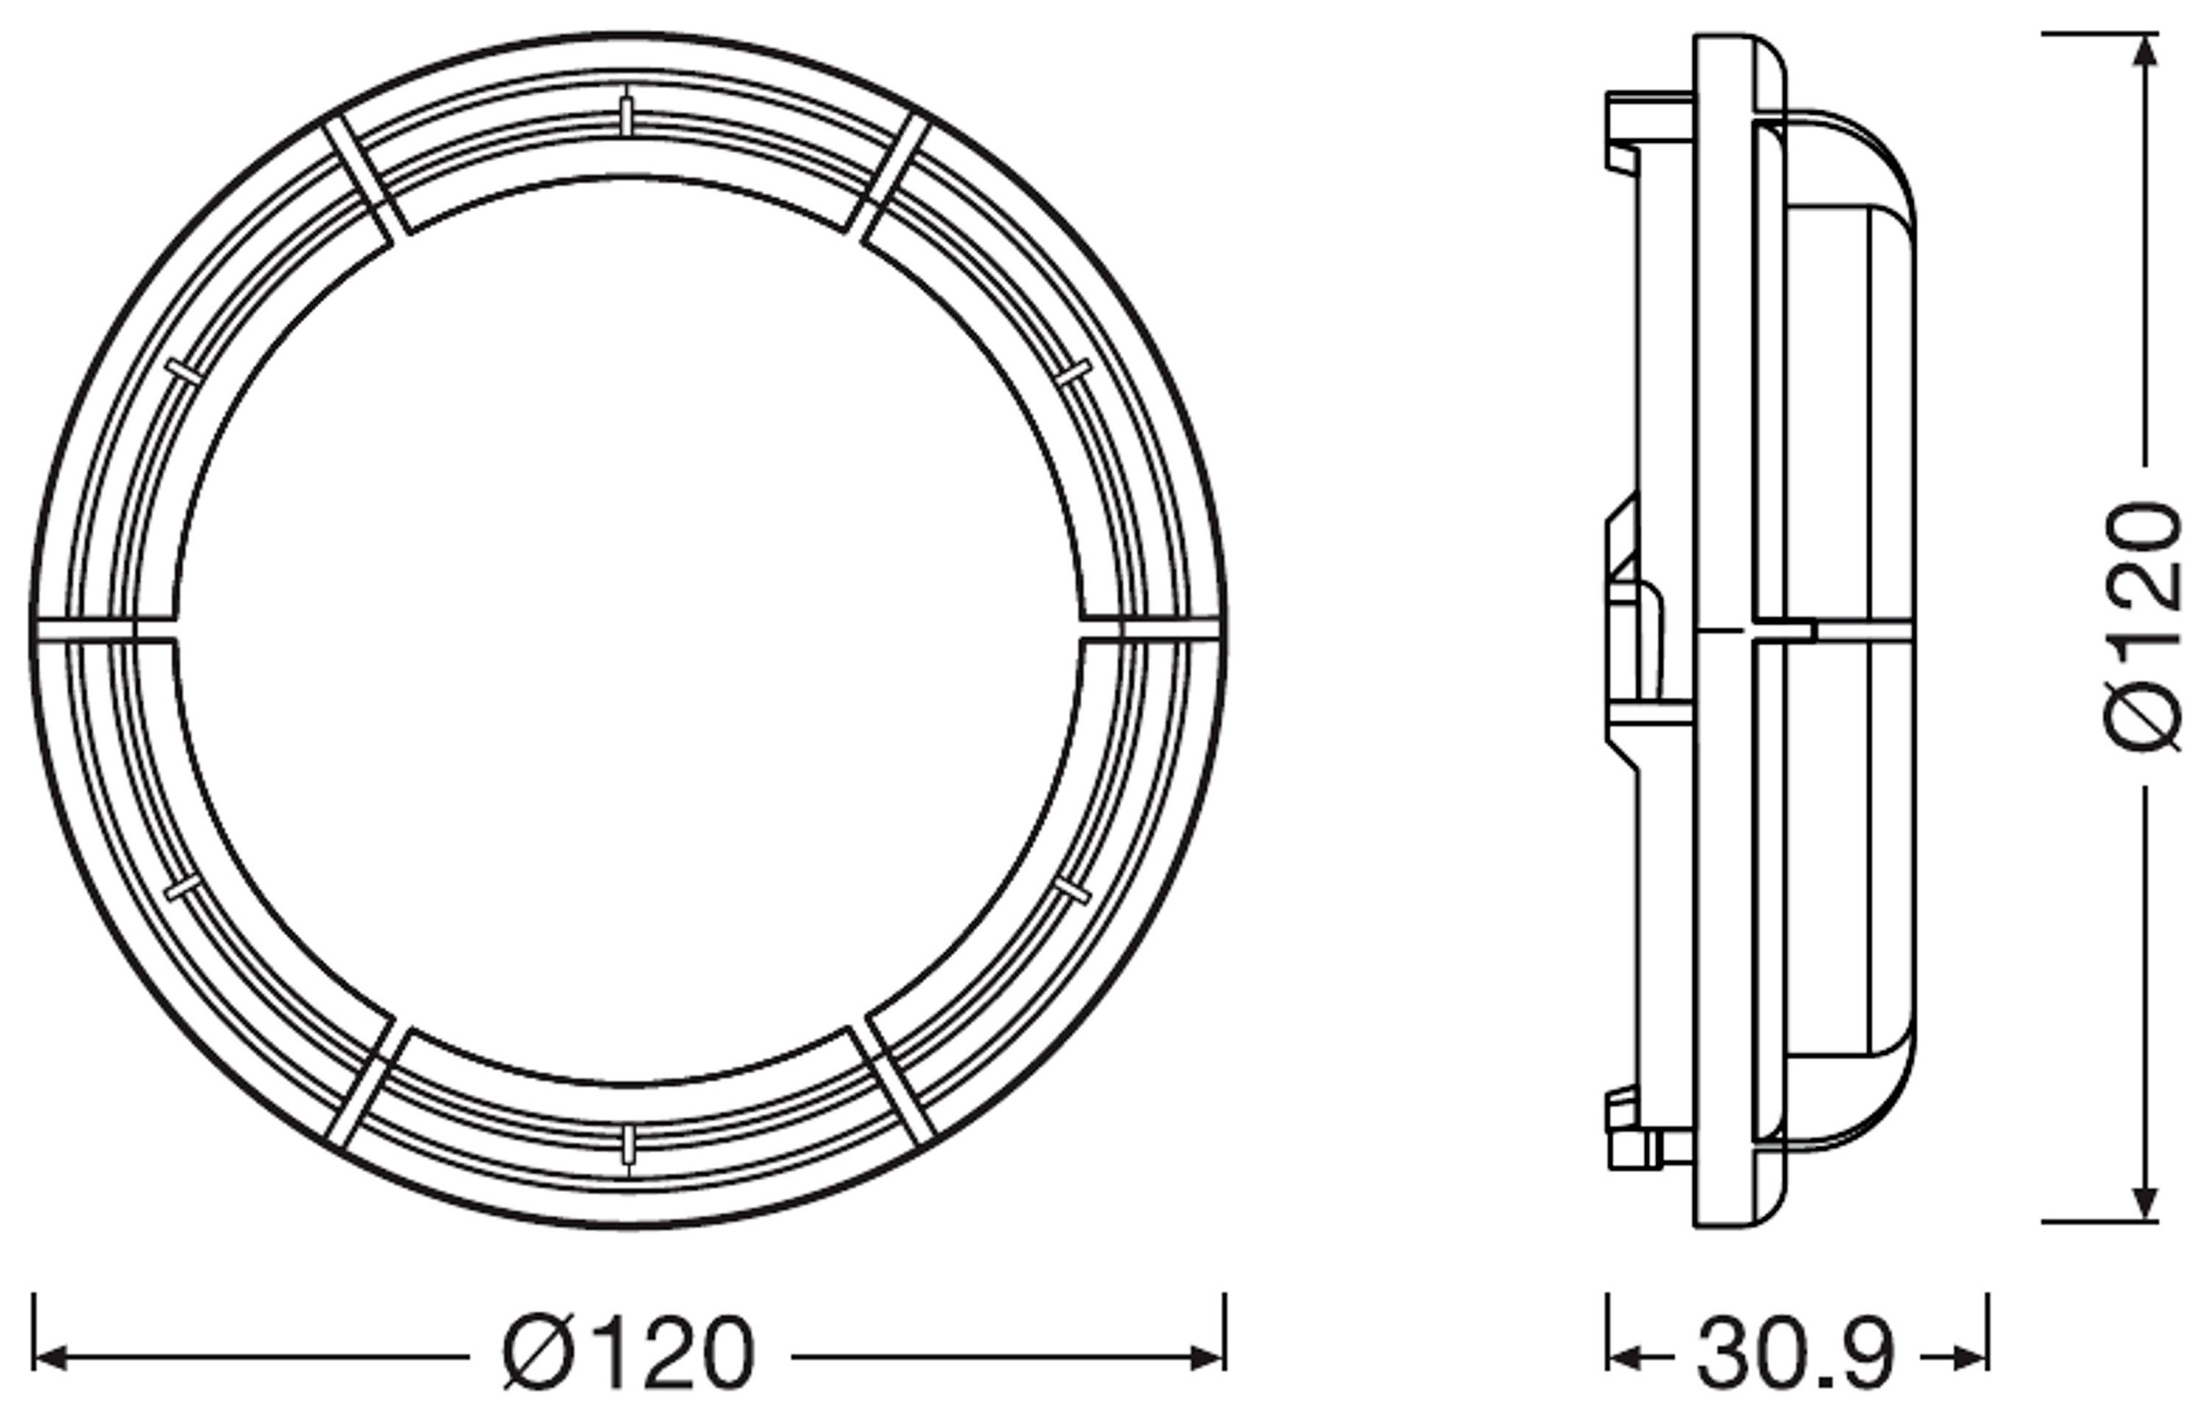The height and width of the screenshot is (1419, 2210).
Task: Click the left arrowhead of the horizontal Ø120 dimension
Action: [x=48, y=1357]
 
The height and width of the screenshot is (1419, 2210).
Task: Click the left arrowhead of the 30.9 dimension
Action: [x=1622, y=1357]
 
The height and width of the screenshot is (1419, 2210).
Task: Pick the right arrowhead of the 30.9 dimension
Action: [x=1971, y=1357]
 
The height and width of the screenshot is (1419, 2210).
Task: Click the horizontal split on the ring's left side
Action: [x=102, y=629]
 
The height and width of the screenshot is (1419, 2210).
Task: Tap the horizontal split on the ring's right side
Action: [x=1151, y=630]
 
